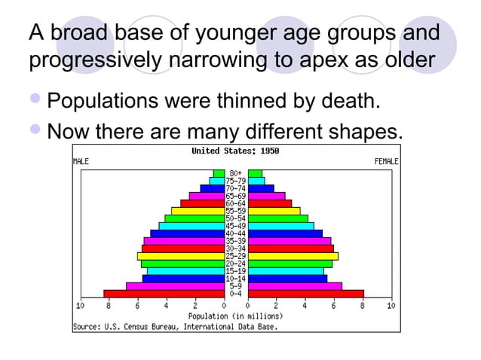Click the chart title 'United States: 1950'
pos(235,151)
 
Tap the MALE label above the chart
pos(81,161)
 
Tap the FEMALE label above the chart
pos(386,161)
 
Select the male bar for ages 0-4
pos(164,294)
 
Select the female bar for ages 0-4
pos(305,294)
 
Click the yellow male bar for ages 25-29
pos(180,256)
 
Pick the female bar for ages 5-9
pos(295,286)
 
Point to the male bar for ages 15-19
pos(185,271)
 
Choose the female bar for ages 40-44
pos(285,233)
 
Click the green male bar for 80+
pos(219,173)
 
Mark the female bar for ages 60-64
pos(270,203)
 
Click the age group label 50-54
pos(236,218)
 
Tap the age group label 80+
pos(236,173)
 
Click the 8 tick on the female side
pos(363,306)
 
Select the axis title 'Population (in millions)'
pos(235,316)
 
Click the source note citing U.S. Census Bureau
pos(175,327)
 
